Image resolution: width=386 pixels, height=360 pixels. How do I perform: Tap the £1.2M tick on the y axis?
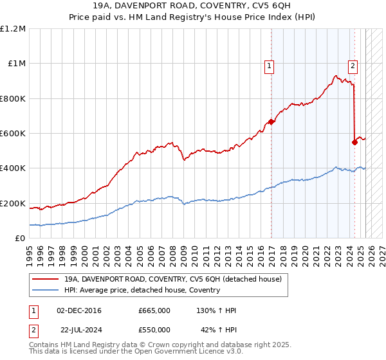coord(13,29)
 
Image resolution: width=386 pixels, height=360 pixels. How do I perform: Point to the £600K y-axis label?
coord(13,134)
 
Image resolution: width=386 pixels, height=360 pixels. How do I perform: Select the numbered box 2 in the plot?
coord(353,65)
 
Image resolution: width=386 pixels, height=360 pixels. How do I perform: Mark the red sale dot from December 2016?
coord(271,122)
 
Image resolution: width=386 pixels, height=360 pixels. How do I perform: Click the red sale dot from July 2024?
coord(355,142)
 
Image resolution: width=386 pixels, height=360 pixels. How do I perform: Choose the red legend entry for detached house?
coord(172,279)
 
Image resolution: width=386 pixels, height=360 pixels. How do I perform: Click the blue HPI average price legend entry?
coord(142,290)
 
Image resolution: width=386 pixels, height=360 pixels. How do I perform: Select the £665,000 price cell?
coord(154,310)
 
